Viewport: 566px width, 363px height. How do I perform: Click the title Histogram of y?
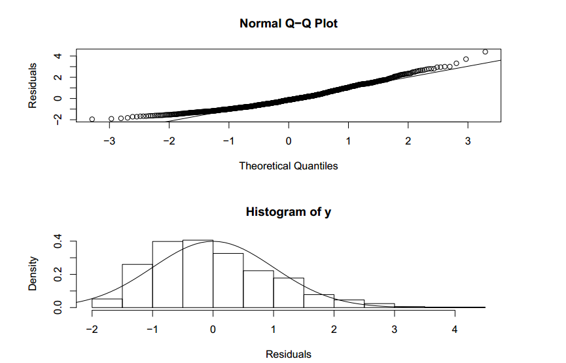point(289,212)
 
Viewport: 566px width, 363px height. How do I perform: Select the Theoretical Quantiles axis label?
point(289,166)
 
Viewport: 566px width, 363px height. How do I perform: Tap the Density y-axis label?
point(32,275)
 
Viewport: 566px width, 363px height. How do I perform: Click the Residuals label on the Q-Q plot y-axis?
point(32,85)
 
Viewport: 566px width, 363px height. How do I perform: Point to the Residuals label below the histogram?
point(289,354)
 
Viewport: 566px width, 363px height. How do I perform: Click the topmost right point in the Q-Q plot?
point(485,52)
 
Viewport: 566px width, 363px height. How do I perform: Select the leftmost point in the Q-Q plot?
point(92,119)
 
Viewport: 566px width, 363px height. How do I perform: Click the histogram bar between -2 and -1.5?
point(107,303)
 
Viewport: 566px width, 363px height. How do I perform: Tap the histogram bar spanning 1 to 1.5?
point(289,292)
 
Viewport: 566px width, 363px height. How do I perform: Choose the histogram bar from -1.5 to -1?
point(137,286)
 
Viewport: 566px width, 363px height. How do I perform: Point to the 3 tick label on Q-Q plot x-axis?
point(468,141)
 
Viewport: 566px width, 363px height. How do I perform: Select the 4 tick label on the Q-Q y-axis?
point(57,56)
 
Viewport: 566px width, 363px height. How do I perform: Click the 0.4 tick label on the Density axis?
point(57,242)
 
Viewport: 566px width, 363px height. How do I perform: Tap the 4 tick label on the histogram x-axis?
point(455,328)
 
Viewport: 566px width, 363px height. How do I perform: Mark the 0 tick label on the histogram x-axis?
point(213,328)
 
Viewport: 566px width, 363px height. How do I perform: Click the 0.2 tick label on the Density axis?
point(57,275)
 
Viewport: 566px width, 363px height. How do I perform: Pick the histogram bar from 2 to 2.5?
point(349,303)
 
